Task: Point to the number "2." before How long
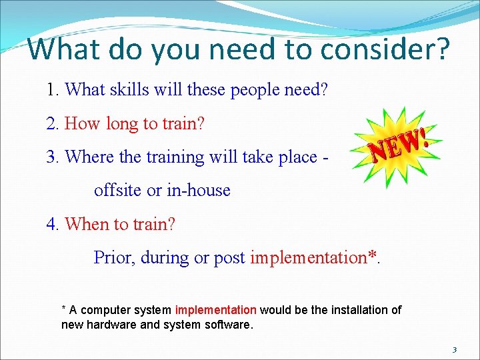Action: pos(53,123)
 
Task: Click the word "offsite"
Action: pos(118,190)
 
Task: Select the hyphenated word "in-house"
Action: pos(198,190)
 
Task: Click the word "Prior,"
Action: pos(115,257)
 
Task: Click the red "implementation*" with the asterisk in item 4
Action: pos(313,257)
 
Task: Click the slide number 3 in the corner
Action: pos(454,349)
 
